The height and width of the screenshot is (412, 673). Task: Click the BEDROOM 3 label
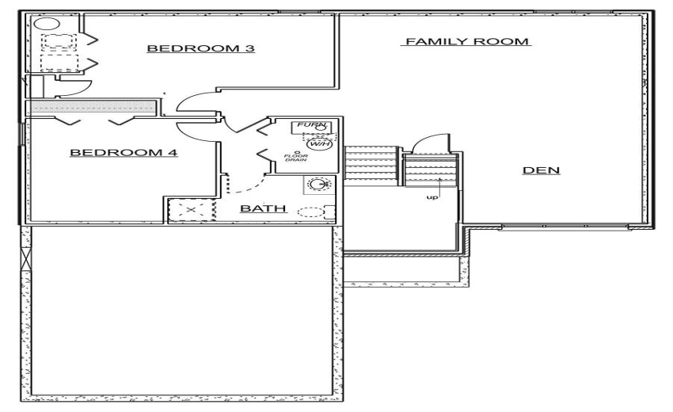pyautogui.click(x=200, y=49)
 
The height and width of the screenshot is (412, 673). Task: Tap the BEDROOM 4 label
pyautogui.click(x=124, y=152)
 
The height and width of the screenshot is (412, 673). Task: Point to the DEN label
pyautogui.click(x=542, y=170)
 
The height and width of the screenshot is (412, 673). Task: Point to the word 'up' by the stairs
pyautogui.click(x=432, y=197)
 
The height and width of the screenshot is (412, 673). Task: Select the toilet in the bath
pyautogui.click(x=316, y=212)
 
